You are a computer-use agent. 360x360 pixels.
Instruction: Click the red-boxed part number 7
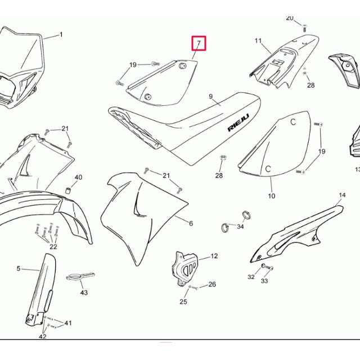(199, 43)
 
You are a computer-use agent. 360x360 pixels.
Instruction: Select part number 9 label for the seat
(211, 97)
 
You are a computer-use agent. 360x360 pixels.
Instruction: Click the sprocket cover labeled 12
(184, 268)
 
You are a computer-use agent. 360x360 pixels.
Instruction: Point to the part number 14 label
(342, 195)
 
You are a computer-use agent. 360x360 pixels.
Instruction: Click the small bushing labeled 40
(68, 191)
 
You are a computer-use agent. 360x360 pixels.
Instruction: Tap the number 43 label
(84, 292)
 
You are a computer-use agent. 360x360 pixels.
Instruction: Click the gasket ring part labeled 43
(80, 276)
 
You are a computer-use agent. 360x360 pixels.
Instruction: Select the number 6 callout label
(191, 223)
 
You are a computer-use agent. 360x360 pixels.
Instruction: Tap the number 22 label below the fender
(53, 246)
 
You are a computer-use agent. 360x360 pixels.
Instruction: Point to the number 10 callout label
(272, 196)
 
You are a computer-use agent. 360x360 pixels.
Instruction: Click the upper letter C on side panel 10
(293, 122)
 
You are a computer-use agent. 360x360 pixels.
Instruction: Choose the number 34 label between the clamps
(240, 227)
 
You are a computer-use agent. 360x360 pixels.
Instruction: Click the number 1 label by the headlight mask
(61, 35)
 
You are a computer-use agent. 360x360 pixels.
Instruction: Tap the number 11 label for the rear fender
(258, 41)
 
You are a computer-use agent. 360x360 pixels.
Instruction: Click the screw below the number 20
(305, 28)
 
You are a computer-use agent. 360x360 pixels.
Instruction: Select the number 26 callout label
(212, 285)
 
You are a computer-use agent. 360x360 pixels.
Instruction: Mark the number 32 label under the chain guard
(251, 277)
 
